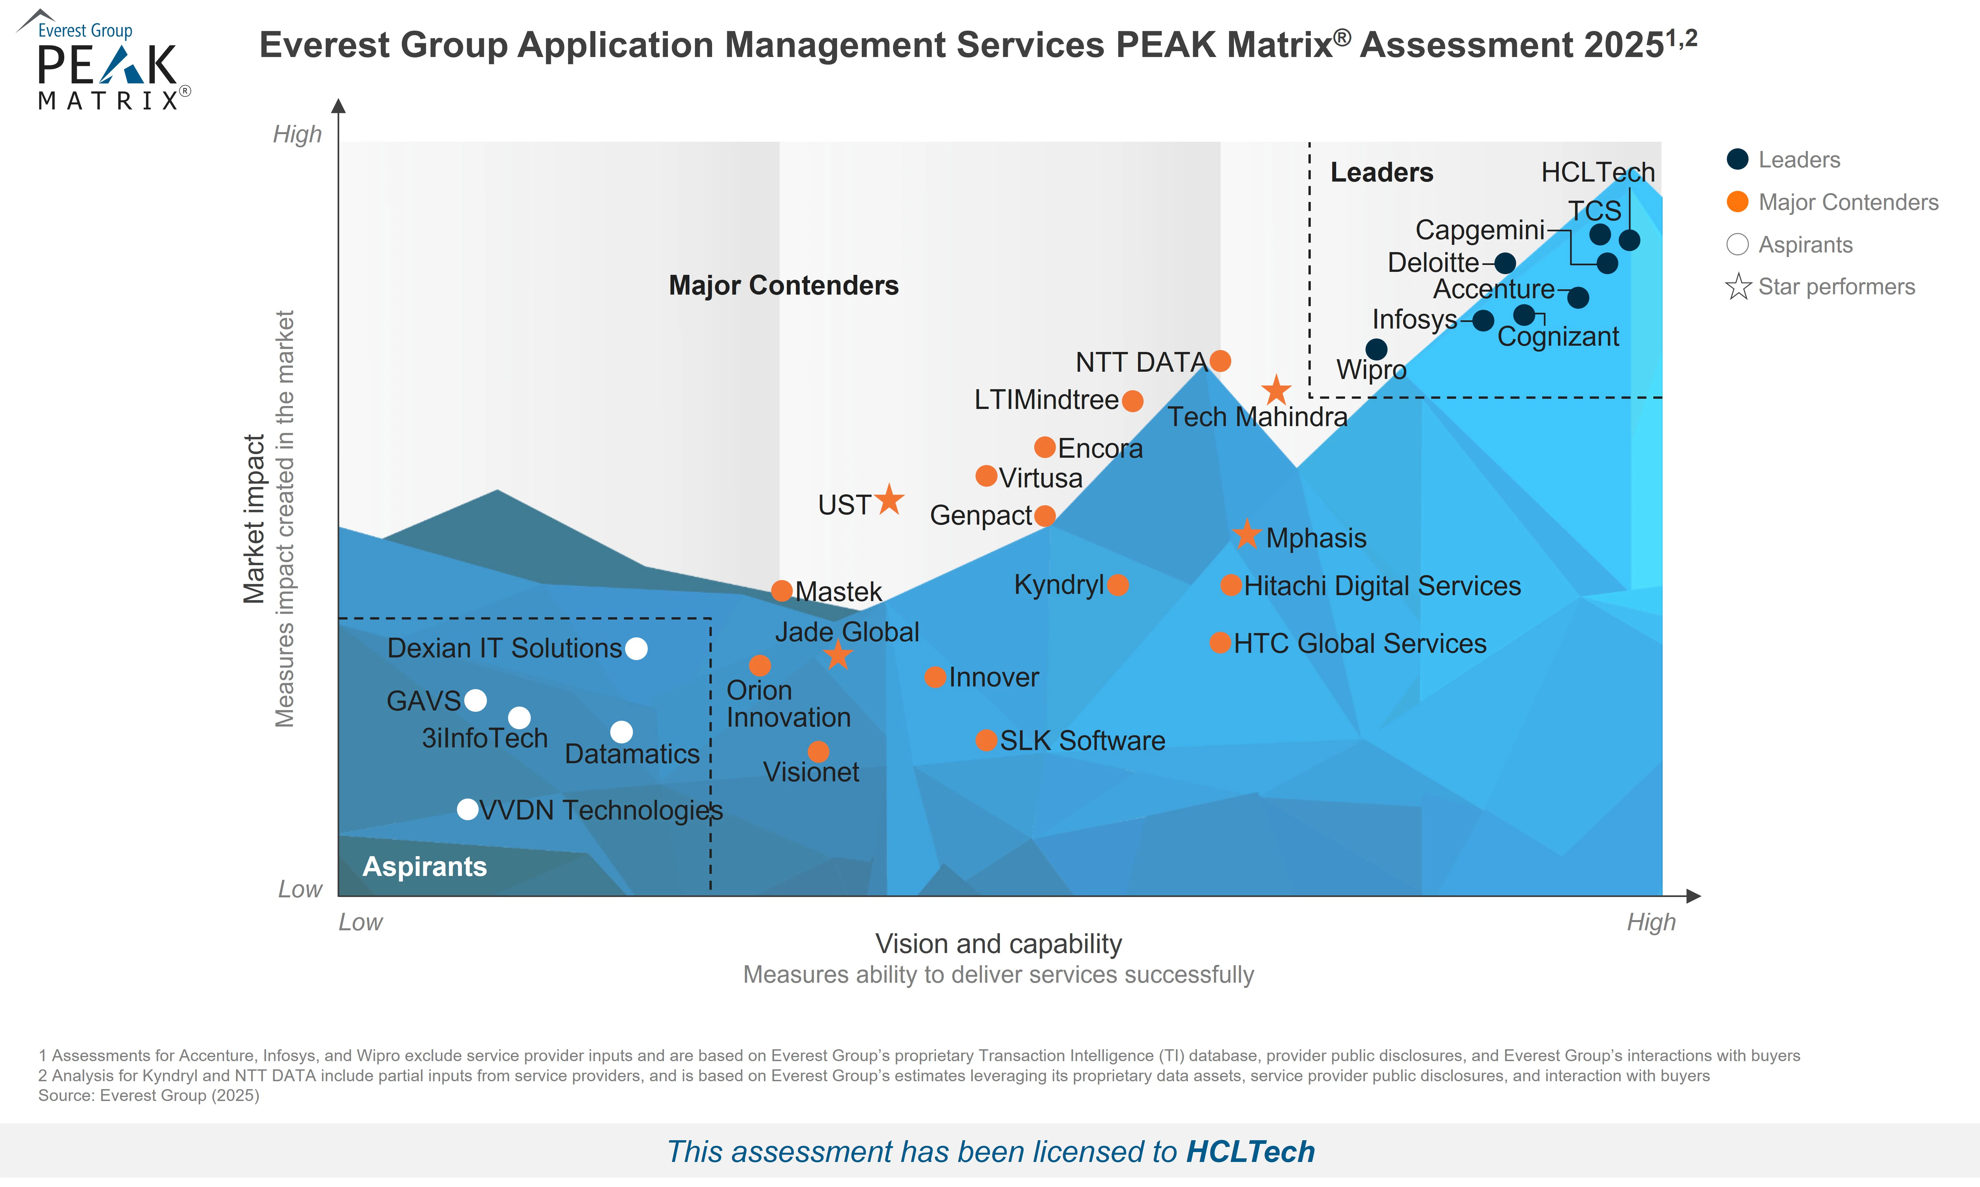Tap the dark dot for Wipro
tap(1376, 349)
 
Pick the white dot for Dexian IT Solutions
tap(636, 649)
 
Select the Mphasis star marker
tap(1246, 534)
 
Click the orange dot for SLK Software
tap(986, 740)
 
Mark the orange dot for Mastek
tap(782, 591)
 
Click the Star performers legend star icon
tap(1738, 286)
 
